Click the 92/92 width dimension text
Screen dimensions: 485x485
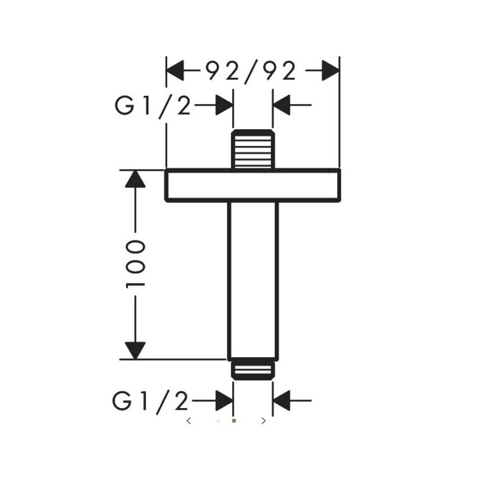[x=250, y=72]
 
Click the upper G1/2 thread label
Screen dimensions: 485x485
[x=153, y=105]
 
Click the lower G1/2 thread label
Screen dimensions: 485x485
[x=150, y=401]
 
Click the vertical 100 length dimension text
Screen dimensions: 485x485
[x=135, y=264]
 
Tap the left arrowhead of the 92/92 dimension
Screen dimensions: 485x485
[x=175, y=70]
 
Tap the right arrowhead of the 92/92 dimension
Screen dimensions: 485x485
[x=330, y=70]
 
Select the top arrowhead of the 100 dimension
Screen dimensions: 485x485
[x=135, y=179]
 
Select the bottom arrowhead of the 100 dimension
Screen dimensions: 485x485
[x=135, y=351]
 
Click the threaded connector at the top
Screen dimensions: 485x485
[x=253, y=149]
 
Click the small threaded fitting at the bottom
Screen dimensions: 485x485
[x=253, y=370]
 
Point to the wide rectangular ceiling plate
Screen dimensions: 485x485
[x=253, y=186]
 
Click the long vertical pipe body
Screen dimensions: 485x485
[x=253, y=281]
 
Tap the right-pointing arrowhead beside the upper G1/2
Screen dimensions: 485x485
[x=224, y=105]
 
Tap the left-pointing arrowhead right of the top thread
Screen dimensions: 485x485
[x=281, y=105]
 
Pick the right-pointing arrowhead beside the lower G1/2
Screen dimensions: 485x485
[x=224, y=401]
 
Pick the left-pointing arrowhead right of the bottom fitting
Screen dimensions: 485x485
[x=281, y=401]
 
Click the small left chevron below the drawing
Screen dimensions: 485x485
[x=189, y=421]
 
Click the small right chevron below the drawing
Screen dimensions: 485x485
[x=264, y=421]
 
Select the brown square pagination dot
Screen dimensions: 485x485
[x=234, y=421]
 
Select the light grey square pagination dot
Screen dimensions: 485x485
[x=218, y=421]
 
